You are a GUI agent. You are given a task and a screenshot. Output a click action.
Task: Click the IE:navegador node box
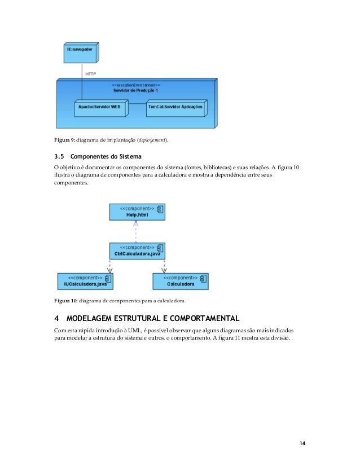pyautogui.click(x=80, y=53)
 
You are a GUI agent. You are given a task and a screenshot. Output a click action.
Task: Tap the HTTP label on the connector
pyautogui.click(x=90, y=73)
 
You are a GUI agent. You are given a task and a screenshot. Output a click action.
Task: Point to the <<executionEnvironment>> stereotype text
pyautogui.click(x=135, y=85)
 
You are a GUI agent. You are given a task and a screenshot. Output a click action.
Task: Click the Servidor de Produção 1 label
pyautogui.click(x=135, y=90)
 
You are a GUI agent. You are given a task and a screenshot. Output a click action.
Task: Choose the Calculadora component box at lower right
pyautogui.click(x=180, y=281)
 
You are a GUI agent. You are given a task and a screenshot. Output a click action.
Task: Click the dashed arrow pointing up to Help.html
pyautogui.click(x=136, y=231)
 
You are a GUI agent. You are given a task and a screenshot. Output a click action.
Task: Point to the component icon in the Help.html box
pyautogui.click(x=160, y=209)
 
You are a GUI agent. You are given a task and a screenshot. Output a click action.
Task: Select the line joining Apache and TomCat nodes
pyautogui.click(x=137, y=104)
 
